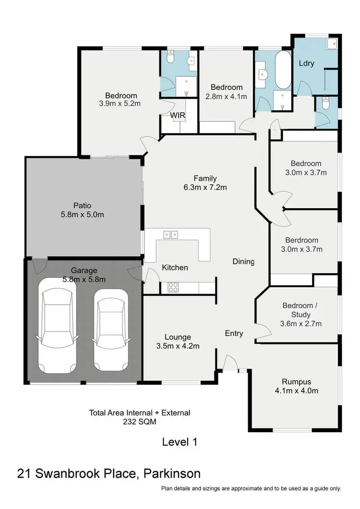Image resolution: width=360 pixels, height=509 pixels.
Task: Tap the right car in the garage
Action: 110,330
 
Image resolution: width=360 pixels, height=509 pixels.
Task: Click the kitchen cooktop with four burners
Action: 173,287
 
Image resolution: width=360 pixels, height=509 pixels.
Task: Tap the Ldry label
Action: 306,63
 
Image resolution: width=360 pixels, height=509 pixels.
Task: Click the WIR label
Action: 177,116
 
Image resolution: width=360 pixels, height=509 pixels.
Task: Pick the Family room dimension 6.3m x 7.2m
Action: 205,188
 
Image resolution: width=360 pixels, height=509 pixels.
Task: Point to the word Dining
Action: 243,261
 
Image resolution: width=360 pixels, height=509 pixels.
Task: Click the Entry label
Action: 234,333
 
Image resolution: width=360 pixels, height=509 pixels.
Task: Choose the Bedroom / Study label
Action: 301,310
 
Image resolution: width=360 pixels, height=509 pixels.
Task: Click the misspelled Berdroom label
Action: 301,240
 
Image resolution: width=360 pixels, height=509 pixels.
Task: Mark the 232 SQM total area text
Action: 140,422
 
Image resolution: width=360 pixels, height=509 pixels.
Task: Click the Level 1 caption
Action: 180,441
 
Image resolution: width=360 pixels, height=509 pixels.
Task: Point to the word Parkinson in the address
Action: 172,474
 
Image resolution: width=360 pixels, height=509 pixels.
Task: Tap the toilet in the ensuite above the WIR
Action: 169,59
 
